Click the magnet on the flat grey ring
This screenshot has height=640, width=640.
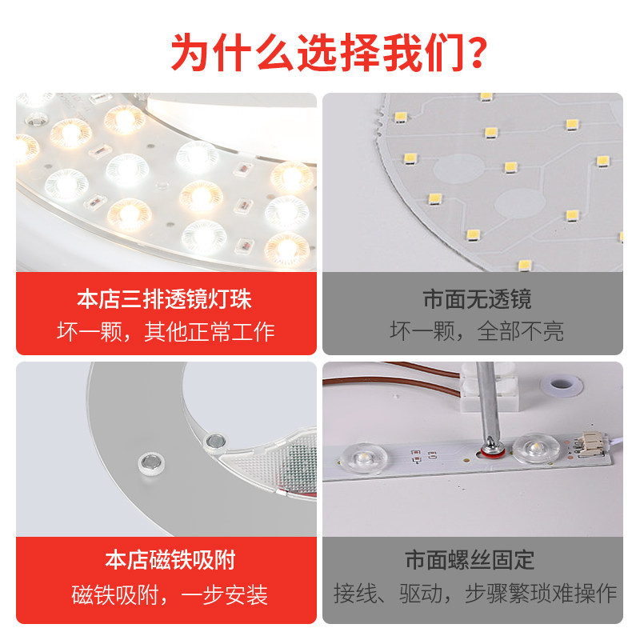pos(150,462)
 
